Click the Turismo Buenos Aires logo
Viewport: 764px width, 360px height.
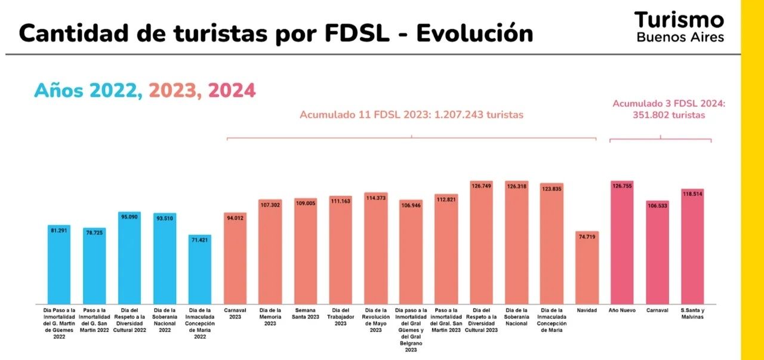pyautogui.click(x=679, y=27)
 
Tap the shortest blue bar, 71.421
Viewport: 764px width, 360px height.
pyautogui.click(x=200, y=269)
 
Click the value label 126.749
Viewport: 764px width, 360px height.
pyautogui.click(x=481, y=186)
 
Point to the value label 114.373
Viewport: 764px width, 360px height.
pyautogui.click(x=375, y=198)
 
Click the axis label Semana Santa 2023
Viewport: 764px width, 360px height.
pyautogui.click(x=306, y=313)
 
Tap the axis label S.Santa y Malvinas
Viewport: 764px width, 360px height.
pyautogui.click(x=692, y=313)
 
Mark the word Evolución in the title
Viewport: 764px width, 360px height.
pyautogui.click(x=475, y=33)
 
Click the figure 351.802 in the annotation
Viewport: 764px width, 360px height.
pyautogui.click(x=652, y=115)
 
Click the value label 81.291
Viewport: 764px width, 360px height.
pyautogui.click(x=59, y=230)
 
